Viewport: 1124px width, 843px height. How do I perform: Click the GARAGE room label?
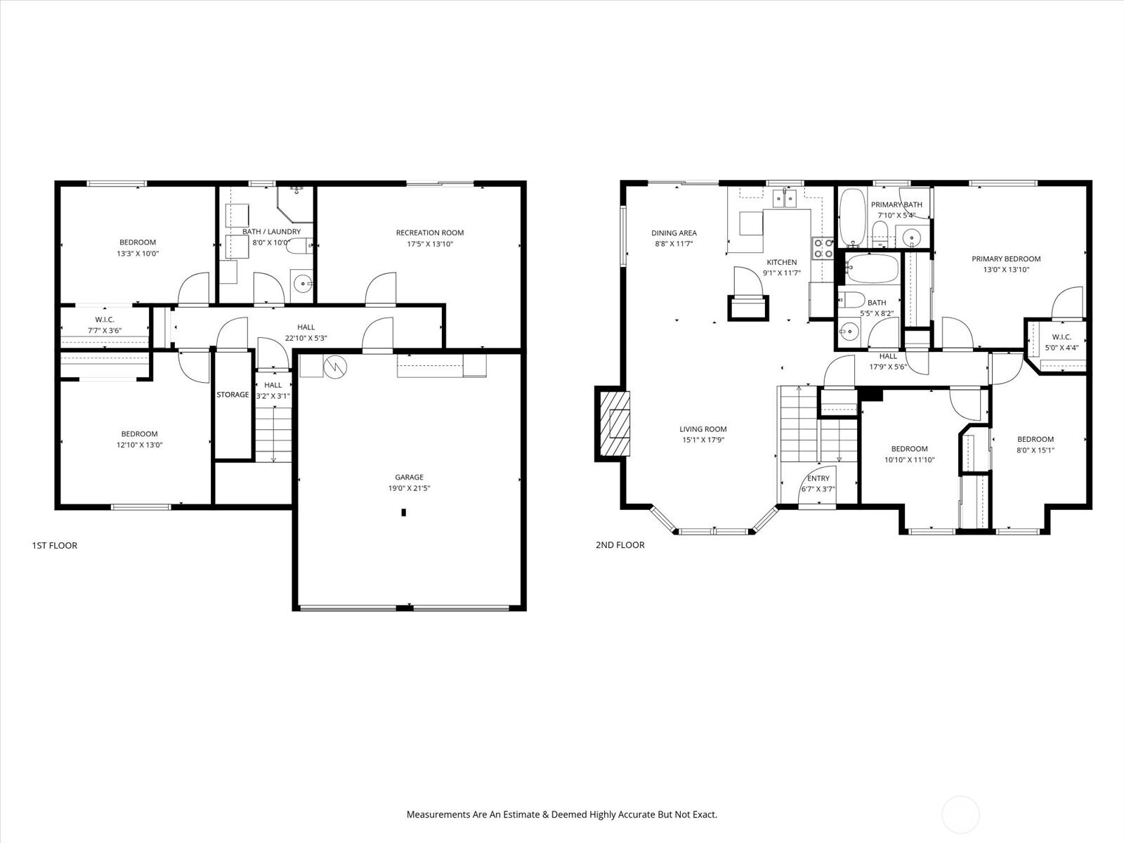tap(409, 477)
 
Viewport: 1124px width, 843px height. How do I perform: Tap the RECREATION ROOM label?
tap(430, 233)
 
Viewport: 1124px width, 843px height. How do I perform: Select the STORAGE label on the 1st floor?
tap(233, 395)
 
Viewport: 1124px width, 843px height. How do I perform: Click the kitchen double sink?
tap(785, 199)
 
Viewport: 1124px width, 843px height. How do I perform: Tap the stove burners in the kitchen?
tap(823, 248)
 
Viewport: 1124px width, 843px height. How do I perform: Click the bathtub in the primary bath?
tap(853, 217)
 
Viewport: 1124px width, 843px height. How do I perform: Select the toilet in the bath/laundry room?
tap(299, 246)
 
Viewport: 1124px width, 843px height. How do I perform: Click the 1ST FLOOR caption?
tap(55, 546)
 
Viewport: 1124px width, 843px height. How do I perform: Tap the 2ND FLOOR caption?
tap(620, 545)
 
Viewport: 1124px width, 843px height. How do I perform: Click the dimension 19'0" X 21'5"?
tap(409, 488)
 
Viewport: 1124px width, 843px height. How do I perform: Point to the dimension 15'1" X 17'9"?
tap(703, 440)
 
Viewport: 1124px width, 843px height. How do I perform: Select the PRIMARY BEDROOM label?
tap(1006, 259)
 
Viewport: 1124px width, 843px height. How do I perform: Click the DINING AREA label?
tap(674, 233)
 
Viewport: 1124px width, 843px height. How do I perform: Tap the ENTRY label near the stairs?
tap(818, 478)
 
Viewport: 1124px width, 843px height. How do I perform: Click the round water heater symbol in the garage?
tap(335, 367)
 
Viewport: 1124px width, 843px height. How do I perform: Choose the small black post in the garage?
tap(403, 512)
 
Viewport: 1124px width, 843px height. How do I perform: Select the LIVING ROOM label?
tap(703, 429)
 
